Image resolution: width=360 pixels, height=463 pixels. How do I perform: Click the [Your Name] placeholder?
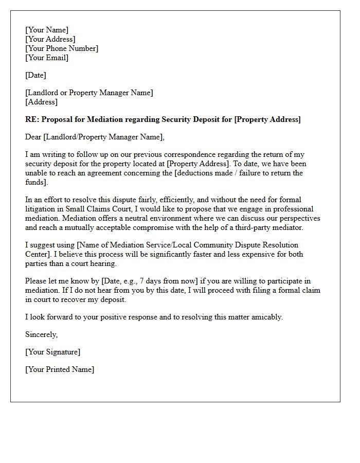tap(47, 30)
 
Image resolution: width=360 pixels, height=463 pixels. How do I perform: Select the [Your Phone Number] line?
tap(62, 48)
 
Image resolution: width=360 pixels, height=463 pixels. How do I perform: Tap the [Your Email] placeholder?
tap(47, 58)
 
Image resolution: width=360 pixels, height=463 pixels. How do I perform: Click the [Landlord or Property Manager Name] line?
tap(89, 93)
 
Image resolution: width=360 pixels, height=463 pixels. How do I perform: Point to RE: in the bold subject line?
tap(32, 119)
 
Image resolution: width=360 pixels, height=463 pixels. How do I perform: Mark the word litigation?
tap(41, 209)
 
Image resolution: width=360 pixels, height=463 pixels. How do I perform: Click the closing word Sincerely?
tap(42, 334)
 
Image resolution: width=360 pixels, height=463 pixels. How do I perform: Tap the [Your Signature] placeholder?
tap(52, 352)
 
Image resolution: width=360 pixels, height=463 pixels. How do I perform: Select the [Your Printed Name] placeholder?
tap(60, 369)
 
